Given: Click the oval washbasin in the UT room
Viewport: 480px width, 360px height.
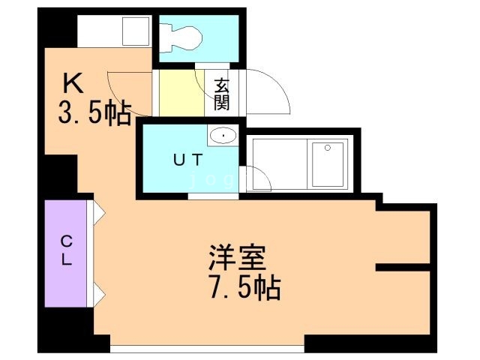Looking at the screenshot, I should [223, 136].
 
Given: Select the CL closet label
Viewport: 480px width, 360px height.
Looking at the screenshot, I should [67, 250].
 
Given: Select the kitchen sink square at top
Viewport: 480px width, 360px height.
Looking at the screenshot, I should [135, 32].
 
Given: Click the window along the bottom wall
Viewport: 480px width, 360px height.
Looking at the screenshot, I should [207, 348].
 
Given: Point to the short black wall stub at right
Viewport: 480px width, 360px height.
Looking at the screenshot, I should [403, 267].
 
